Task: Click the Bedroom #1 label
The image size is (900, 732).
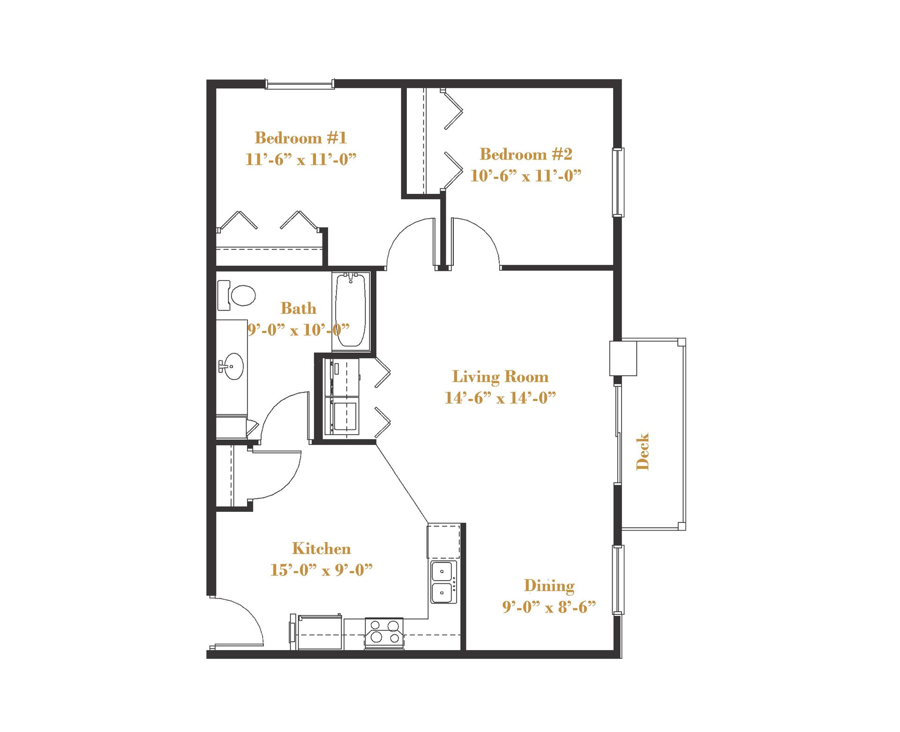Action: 300,138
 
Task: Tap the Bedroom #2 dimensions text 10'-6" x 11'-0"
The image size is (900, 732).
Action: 525,176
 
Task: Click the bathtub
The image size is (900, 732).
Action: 350,310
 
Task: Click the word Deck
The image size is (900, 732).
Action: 643,451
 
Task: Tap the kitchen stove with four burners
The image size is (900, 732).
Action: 384,632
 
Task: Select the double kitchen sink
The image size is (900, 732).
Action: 442,582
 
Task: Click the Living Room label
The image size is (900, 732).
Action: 500,377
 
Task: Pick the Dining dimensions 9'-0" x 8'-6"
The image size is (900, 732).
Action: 549,607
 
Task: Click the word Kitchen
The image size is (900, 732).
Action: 321,548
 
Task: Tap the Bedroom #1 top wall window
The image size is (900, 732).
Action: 300,85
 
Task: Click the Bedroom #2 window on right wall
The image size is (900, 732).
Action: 618,182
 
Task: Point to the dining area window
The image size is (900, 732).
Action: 618,580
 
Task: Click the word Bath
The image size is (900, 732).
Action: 298,308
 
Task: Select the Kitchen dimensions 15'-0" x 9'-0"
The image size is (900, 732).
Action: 321,570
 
